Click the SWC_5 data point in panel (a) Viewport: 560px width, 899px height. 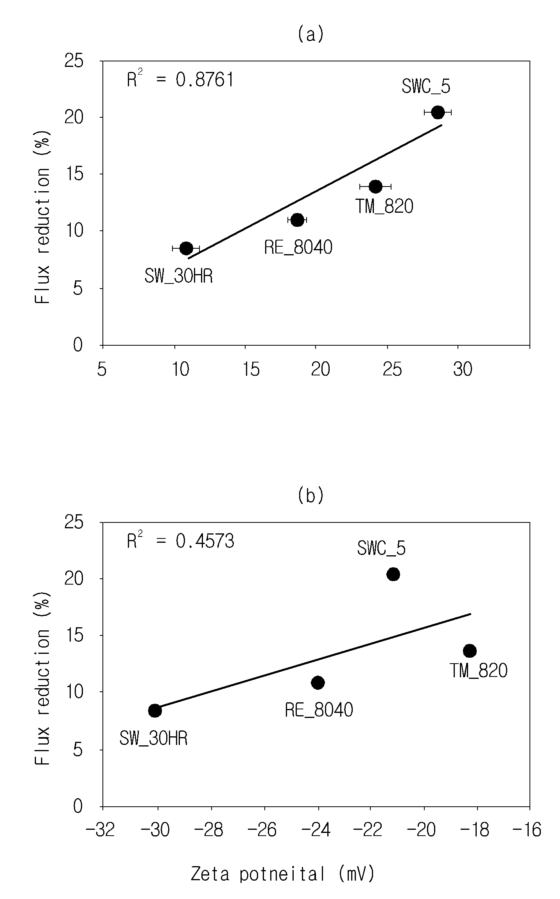pos(438,112)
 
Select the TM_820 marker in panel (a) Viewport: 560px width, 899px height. pos(375,187)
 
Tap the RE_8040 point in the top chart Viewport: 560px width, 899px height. pos(297,220)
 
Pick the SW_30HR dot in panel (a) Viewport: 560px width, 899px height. pos(186,248)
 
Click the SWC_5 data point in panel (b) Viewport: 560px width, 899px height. pos(393,574)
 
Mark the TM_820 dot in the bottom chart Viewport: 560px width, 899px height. pos(470,651)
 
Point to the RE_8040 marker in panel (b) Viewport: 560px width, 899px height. pos(318,682)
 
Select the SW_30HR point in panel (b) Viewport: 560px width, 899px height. pos(155,711)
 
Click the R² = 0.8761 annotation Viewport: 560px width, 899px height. pos(180,79)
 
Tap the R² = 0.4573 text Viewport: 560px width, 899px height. pos(180,541)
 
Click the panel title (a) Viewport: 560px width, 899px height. pos(311,34)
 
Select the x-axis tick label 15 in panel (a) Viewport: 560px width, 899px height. pos(251,369)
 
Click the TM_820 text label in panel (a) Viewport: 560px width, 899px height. pos(384,206)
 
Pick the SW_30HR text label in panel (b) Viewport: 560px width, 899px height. pos(153,739)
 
